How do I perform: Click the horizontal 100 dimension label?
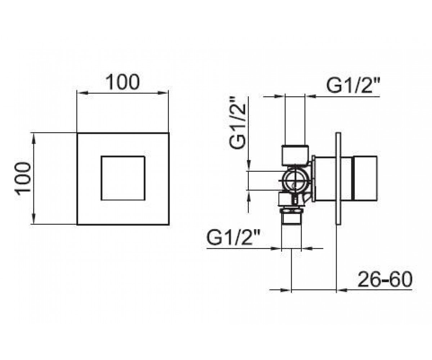pyautogui.click(x=122, y=82)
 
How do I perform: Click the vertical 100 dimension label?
pyautogui.click(x=23, y=179)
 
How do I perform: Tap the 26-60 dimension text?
pyautogui.click(x=385, y=279)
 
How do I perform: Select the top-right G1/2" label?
pyautogui.click(x=353, y=86)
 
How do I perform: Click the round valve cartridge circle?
pyautogui.click(x=294, y=181)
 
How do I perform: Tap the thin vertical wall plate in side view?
pyautogui.click(x=338, y=178)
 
